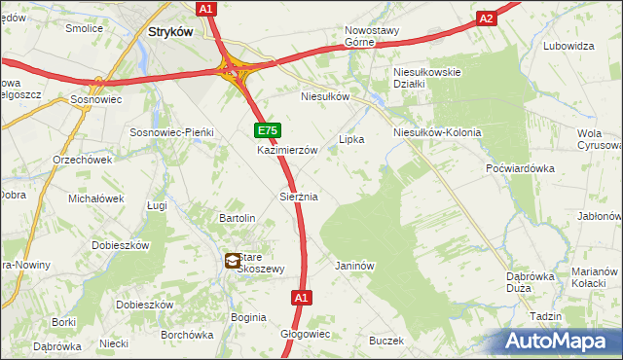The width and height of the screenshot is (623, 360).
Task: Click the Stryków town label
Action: pos(171,31)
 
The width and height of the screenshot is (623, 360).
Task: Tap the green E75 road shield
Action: pos(268,130)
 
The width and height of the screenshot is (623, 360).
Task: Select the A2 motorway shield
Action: pos(488,18)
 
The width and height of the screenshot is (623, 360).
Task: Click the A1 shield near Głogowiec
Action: pos(301,298)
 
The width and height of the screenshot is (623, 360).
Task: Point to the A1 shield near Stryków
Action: pos(205,9)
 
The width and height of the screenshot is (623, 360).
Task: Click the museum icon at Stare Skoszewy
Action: pos(235,261)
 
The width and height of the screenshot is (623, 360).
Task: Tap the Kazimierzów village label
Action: pos(288,151)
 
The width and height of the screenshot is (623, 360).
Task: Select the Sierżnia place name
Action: pos(299,197)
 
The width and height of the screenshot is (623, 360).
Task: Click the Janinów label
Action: pos(354,266)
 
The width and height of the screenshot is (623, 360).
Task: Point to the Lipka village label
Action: pos(351,139)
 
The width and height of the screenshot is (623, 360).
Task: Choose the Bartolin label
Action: pos(238,218)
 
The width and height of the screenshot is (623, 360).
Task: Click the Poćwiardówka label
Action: pos(520,168)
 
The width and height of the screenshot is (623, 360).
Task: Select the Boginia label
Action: pos(248,317)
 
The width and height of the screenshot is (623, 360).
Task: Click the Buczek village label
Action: pos(385,341)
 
